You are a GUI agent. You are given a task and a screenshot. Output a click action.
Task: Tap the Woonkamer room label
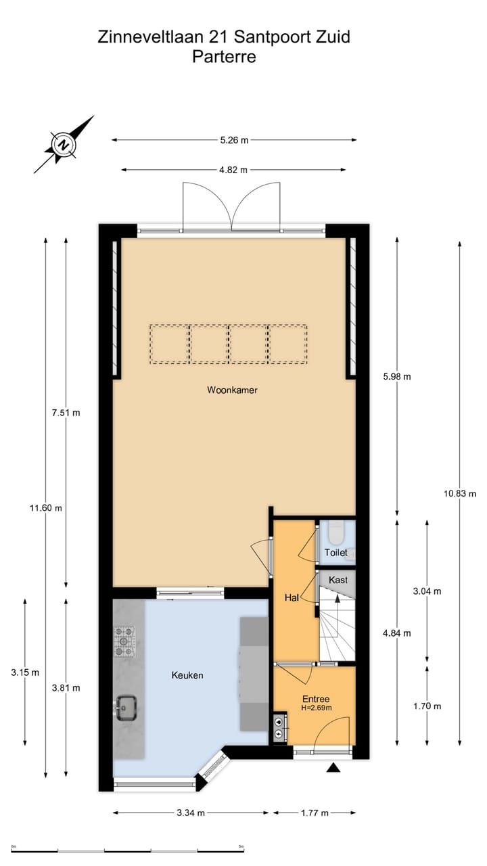[233, 390]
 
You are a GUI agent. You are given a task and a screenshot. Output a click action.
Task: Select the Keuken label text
[187, 675]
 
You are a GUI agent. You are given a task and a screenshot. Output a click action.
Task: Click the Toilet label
[336, 553]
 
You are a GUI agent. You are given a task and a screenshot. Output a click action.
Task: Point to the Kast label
[338, 580]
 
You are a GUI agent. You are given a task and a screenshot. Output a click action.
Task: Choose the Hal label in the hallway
[292, 598]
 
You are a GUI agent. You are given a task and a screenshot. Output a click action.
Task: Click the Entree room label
[316, 699]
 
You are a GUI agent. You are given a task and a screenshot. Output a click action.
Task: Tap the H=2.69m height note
[316, 708]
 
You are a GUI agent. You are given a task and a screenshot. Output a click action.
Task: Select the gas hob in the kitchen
[124, 641]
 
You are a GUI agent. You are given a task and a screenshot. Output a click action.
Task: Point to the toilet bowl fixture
[335, 534]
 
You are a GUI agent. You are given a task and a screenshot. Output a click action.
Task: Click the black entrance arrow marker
[332, 767]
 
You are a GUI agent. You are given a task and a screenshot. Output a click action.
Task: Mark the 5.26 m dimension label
[234, 140]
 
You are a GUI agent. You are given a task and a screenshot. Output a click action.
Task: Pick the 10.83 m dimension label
[460, 493]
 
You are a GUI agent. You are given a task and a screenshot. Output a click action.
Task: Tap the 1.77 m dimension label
[314, 813]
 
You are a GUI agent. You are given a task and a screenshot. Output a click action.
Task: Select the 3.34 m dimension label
[190, 813]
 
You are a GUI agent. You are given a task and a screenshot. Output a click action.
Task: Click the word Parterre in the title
[224, 57]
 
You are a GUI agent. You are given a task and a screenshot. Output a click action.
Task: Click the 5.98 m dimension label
[396, 377]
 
